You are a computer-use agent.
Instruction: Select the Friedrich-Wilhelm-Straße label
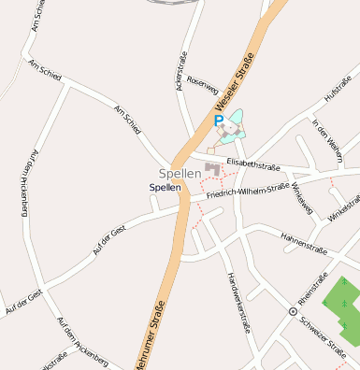[248, 192]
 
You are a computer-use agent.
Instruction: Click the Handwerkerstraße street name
[238, 301]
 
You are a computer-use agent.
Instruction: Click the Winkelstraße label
[343, 209]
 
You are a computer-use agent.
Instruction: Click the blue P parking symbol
[219, 121]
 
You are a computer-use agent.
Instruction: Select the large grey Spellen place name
[180, 174]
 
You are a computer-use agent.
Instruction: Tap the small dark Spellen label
[166, 188]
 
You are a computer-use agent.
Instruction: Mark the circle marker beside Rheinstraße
[293, 310]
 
